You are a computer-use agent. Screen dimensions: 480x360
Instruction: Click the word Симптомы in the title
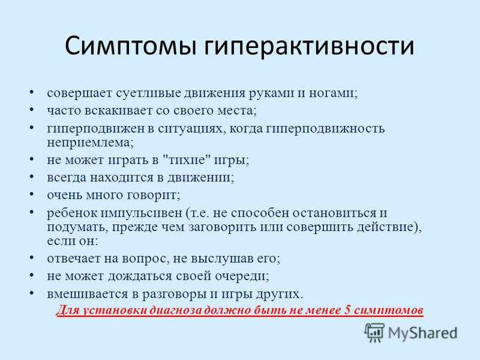point(130,47)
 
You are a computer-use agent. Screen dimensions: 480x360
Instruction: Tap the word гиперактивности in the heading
point(309,47)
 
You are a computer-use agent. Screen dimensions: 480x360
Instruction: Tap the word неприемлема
point(91,142)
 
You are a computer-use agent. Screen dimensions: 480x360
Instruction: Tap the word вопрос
point(146,259)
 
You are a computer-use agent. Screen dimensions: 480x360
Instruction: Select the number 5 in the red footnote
point(347,310)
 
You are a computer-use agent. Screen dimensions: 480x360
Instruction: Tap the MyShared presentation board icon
point(374,332)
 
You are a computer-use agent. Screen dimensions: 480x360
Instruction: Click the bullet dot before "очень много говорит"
point(32,194)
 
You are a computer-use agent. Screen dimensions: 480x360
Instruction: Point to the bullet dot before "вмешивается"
point(32,293)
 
